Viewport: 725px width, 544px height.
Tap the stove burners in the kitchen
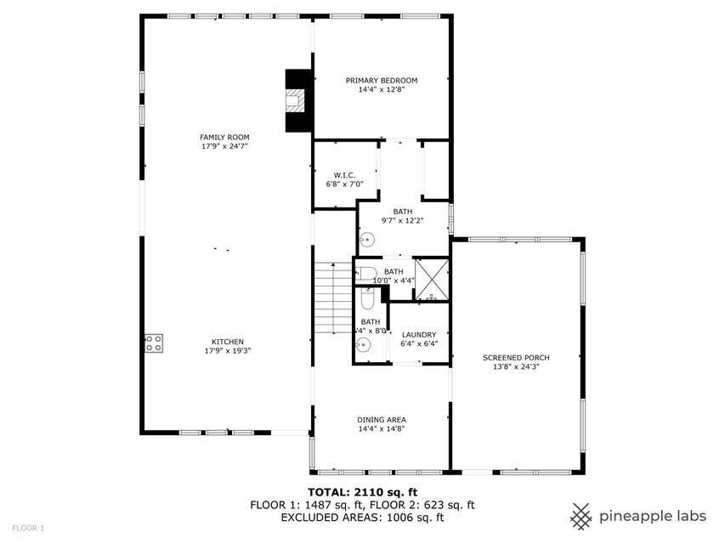(x=154, y=343)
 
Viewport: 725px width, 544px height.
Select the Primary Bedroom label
(x=381, y=81)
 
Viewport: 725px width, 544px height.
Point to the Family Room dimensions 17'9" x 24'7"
(x=224, y=146)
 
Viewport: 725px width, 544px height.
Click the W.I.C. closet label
(x=332, y=175)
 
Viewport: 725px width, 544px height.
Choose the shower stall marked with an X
(x=431, y=280)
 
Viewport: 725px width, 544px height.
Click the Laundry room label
(x=419, y=335)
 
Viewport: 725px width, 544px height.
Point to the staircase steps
(x=333, y=299)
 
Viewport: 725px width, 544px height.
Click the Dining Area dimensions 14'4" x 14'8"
(x=381, y=429)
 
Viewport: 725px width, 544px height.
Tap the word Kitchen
(x=227, y=342)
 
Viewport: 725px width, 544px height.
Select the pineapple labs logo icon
(x=581, y=515)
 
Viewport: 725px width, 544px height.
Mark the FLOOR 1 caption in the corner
(x=28, y=528)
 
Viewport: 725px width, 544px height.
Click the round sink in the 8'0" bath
(x=364, y=345)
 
